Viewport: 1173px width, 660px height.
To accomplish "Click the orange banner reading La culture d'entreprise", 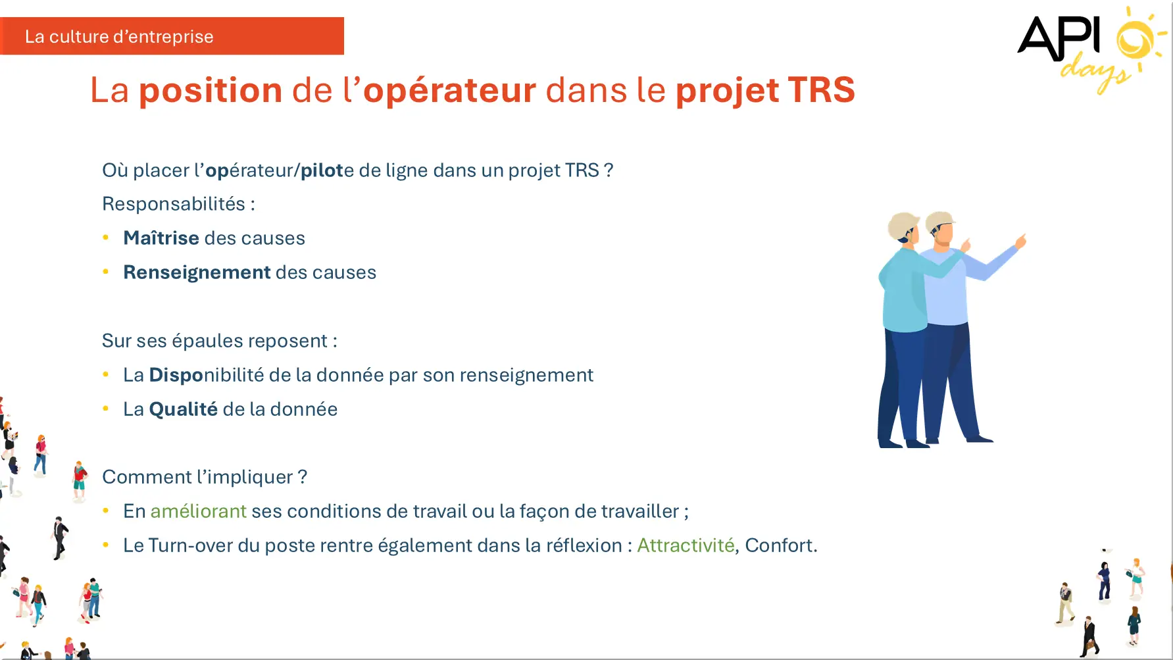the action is (x=172, y=36).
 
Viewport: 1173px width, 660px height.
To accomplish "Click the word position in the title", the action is (x=211, y=90).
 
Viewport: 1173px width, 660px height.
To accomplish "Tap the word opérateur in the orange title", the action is (x=449, y=90).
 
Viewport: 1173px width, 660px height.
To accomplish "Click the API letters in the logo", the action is (x=1059, y=38).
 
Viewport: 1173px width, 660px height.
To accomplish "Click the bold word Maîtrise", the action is (x=161, y=238).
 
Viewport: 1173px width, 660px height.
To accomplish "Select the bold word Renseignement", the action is (x=197, y=272).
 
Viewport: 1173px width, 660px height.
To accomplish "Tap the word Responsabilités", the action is (x=174, y=204).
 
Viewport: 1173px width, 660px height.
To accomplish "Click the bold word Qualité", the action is (x=184, y=409).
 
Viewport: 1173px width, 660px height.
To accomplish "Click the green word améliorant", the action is (x=199, y=511).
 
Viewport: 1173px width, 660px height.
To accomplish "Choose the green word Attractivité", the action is (x=686, y=546).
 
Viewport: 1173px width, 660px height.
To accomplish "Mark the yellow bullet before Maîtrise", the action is (x=106, y=237).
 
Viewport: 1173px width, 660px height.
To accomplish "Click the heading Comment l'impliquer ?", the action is (x=205, y=477).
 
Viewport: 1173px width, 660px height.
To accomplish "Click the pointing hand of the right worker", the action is (x=1020, y=240).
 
